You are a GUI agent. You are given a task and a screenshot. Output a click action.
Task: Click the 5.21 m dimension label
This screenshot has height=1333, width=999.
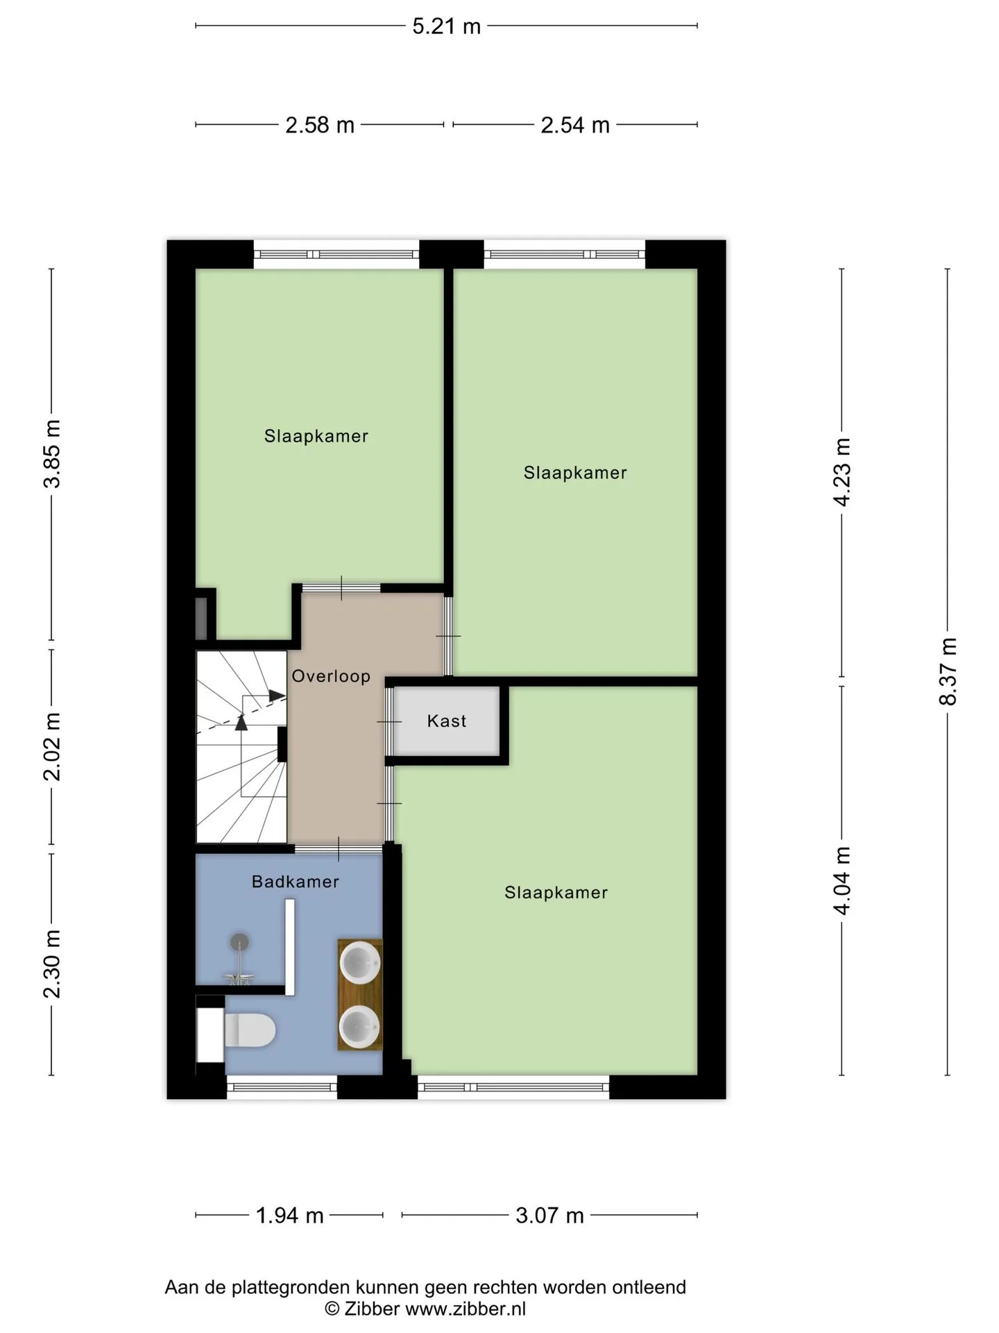(x=446, y=26)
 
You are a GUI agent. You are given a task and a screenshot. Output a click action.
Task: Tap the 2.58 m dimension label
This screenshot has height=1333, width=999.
(x=320, y=125)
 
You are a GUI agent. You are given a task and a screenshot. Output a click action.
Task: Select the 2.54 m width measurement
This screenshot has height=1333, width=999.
(x=575, y=125)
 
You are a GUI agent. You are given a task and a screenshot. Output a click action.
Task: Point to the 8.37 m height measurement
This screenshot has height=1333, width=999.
(x=948, y=671)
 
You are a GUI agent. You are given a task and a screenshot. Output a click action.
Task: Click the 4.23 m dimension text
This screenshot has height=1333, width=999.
(x=842, y=472)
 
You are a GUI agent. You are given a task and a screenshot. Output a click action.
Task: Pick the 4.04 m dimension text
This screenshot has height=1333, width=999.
(x=842, y=881)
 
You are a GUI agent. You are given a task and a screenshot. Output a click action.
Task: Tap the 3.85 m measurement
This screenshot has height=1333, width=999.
(x=52, y=454)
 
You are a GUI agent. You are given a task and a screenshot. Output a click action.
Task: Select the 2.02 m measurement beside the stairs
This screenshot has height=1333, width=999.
(x=52, y=746)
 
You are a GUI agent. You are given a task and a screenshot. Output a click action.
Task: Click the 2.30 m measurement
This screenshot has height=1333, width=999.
(x=52, y=964)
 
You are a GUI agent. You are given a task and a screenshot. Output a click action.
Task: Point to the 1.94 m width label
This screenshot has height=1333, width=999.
(x=290, y=1216)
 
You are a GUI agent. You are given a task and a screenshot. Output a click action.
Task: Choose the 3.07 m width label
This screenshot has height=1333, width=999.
(x=549, y=1216)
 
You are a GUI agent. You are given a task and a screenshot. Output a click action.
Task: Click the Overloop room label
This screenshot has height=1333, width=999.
(x=331, y=676)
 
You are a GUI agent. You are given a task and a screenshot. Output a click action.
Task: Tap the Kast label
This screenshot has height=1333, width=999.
(x=447, y=721)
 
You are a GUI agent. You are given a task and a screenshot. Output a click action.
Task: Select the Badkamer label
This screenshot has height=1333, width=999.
(x=296, y=882)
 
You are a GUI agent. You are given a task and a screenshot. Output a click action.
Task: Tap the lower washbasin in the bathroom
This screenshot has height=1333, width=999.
(x=359, y=1026)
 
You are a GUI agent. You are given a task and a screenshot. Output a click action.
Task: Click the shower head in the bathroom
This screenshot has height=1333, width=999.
(x=239, y=943)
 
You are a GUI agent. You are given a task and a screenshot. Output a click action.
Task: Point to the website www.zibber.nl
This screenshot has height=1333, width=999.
(x=466, y=1309)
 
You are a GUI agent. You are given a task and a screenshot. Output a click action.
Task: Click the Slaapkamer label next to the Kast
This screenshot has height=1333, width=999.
(x=556, y=893)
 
